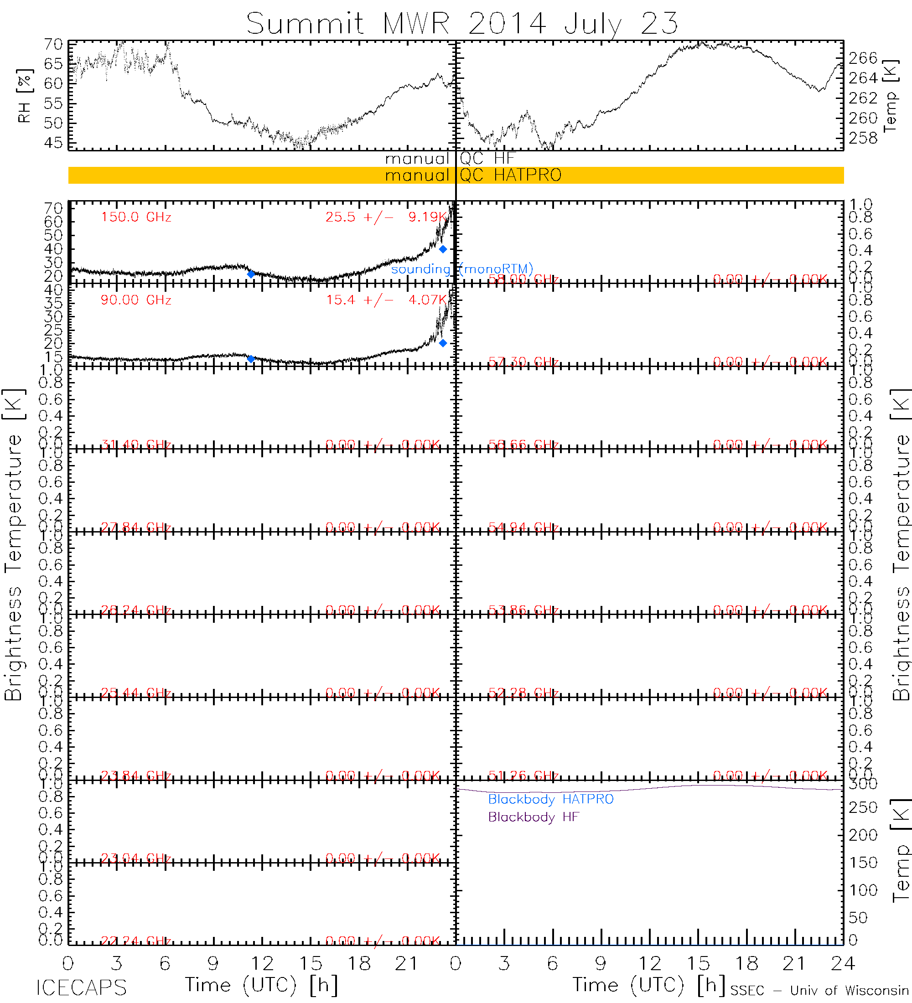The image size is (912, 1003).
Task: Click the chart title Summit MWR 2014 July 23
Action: coord(462,23)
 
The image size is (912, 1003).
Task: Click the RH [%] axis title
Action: coord(24,96)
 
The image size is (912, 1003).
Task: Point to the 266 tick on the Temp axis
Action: coord(863,58)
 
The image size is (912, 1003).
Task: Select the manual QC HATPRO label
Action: coord(473,175)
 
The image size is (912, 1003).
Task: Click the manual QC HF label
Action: coord(449,159)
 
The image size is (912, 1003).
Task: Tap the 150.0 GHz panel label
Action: coord(136,217)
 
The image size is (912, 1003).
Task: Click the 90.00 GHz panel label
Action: coord(136,300)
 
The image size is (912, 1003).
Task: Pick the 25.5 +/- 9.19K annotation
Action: coord(386,217)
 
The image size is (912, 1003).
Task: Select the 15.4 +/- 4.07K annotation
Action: coord(386,300)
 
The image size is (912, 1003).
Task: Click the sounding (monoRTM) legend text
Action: coord(462,269)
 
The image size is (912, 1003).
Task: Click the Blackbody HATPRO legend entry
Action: coord(551,799)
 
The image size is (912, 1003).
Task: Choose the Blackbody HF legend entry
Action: coord(534,817)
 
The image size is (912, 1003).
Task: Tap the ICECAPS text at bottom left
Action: coord(82,987)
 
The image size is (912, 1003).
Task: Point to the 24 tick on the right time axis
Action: coord(842,964)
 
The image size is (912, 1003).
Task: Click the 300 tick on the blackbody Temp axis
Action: coord(863,784)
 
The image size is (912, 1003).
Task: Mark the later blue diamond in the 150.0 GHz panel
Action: coord(443,249)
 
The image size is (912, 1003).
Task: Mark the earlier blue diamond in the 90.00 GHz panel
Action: coord(251,359)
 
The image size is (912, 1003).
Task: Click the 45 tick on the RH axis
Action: coord(53,143)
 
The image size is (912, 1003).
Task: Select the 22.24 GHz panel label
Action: coord(136,941)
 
